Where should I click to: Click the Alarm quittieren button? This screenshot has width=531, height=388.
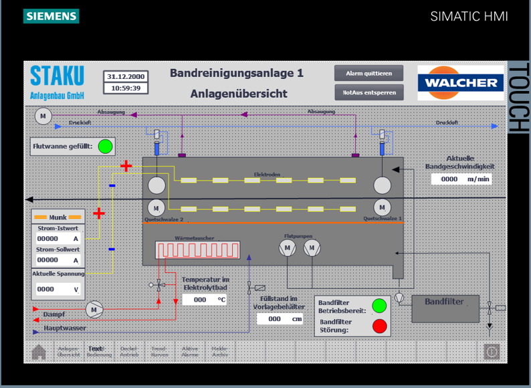[x=369, y=73]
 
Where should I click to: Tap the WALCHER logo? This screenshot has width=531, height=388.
[x=461, y=82]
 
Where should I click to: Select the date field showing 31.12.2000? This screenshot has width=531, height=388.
[x=126, y=76]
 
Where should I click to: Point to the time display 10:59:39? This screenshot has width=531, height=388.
[x=126, y=88]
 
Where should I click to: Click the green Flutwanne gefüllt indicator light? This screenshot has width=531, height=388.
[x=105, y=146]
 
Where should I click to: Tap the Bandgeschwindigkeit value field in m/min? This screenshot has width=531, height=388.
[x=461, y=179]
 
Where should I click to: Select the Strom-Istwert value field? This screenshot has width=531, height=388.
[x=56, y=238]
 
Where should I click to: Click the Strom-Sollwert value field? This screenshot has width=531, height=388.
[x=56, y=260]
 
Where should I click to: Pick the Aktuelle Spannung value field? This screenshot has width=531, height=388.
[x=56, y=289]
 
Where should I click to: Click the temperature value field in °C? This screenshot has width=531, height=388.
[x=205, y=300]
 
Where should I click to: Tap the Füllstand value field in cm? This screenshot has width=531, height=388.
[x=280, y=319]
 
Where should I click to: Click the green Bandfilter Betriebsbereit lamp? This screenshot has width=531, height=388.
[x=379, y=306]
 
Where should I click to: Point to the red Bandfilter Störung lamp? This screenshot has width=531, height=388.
[x=379, y=326]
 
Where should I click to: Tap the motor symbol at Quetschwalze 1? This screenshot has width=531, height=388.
[x=383, y=206]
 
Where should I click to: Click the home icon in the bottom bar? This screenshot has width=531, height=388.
[x=39, y=351]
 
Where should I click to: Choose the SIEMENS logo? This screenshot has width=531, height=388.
[x=51, y=16]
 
